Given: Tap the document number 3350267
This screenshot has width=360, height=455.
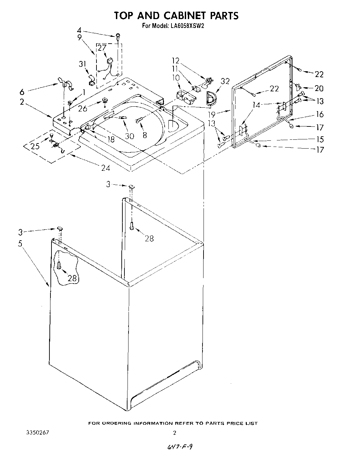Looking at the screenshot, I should [x=38, y=433].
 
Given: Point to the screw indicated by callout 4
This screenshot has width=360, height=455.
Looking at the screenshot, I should [x=118, y=35].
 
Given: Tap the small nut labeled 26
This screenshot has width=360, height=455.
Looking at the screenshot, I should [x=105, y=101].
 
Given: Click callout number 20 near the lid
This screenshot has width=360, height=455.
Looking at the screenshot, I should [x=319, y=88].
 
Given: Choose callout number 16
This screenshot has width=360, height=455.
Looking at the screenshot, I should [x=319, y=114].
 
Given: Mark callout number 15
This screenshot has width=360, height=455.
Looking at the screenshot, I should [x=319, y=139].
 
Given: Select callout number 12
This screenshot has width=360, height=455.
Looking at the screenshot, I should [x=176, y=61].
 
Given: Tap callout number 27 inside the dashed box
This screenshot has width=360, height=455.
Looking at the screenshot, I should [x=102, y=48].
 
